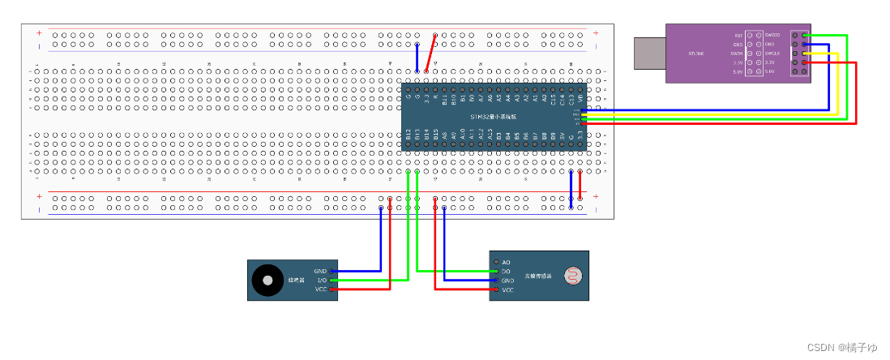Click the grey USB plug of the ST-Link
649,52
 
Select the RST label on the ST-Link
738,36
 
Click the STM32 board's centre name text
494,117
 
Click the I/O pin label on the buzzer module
321,281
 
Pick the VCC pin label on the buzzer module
320,289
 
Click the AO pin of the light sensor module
496,262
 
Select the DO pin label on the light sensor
507,271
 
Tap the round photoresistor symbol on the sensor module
572,276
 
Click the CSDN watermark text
843,348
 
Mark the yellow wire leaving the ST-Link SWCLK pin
835,81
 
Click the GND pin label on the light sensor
508,281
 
